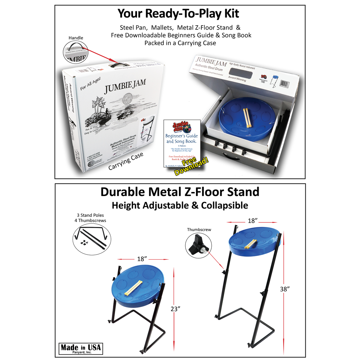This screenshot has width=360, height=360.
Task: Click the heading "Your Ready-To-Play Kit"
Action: (x=178, y=14)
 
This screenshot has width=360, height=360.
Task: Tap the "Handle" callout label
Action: (x=76, y=38)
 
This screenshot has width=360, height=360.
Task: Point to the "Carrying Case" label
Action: (x=126, y=161)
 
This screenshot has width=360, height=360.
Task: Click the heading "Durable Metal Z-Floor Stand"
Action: (x=180, y=192)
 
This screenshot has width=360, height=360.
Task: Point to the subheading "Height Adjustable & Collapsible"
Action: (x=180, y=205)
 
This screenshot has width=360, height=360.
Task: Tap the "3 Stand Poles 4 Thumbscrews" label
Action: (x=90, y=218)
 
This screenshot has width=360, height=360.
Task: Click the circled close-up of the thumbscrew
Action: (x=198, y=245)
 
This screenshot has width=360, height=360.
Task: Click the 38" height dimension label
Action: (x=285, y=289)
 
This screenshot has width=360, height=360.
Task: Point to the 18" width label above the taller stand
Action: (x=253, y=221)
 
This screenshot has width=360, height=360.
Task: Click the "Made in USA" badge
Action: (x=81, y=348)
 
